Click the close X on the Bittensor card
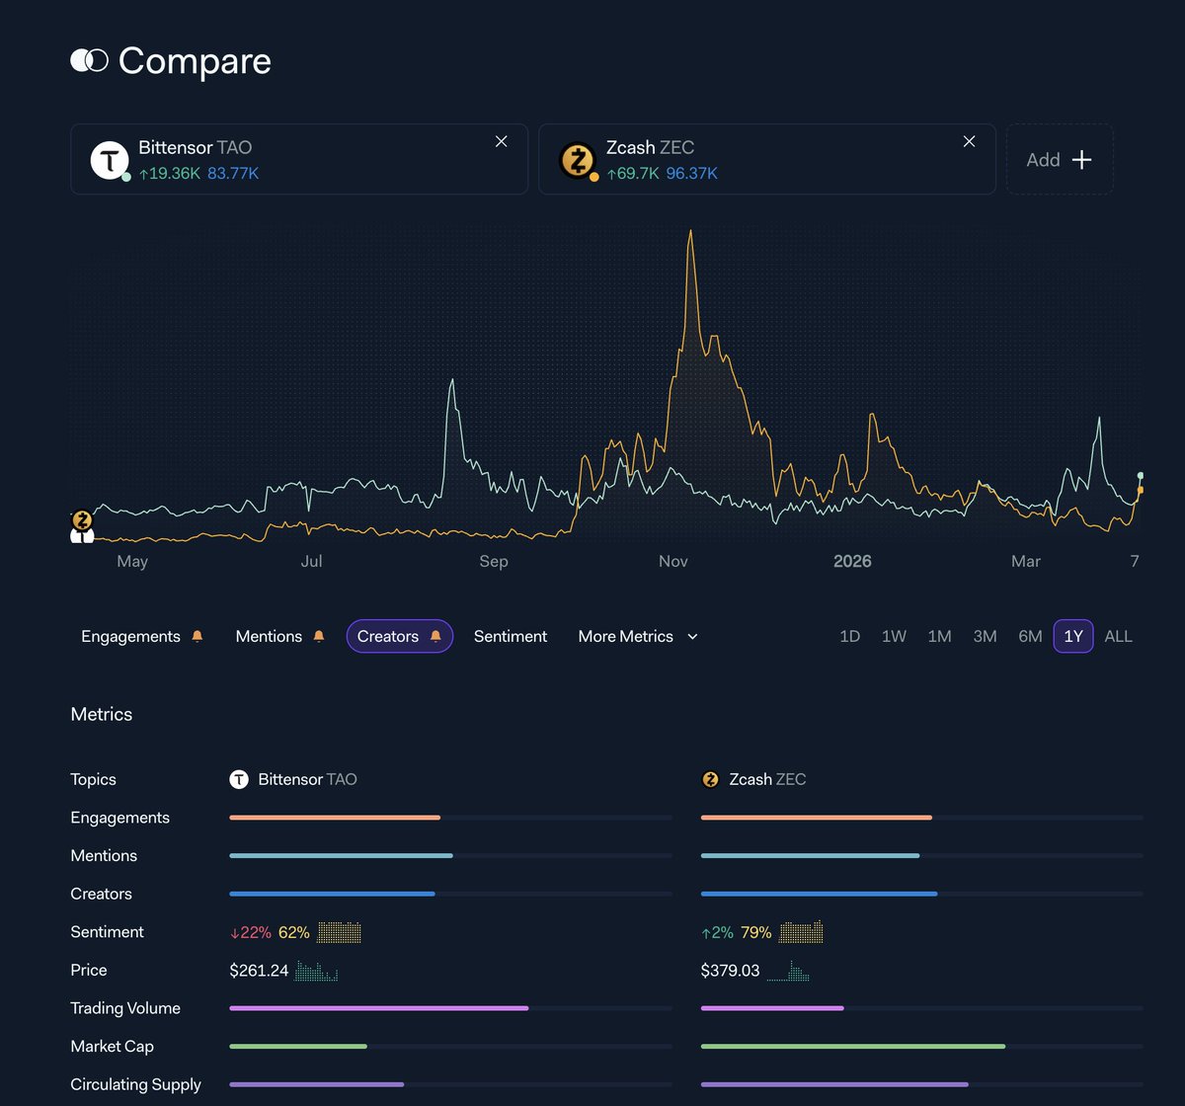point(502,141)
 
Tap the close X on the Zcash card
point(969,141)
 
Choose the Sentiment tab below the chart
point(510,637)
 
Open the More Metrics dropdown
point(637,637)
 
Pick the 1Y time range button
point(1072,637)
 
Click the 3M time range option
point(985,637)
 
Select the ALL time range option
point(1118,637)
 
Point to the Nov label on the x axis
point(673,561)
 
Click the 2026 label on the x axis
point(852,561)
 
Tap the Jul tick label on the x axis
point(311,561)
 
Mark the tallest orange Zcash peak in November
point(690,232)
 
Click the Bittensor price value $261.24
point(259,971)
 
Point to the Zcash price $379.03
point(730,971)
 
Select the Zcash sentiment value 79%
point(755,932)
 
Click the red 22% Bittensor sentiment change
point(250,932)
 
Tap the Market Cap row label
point(112,1047)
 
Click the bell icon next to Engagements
point(197,637)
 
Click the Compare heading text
point(195,61)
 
